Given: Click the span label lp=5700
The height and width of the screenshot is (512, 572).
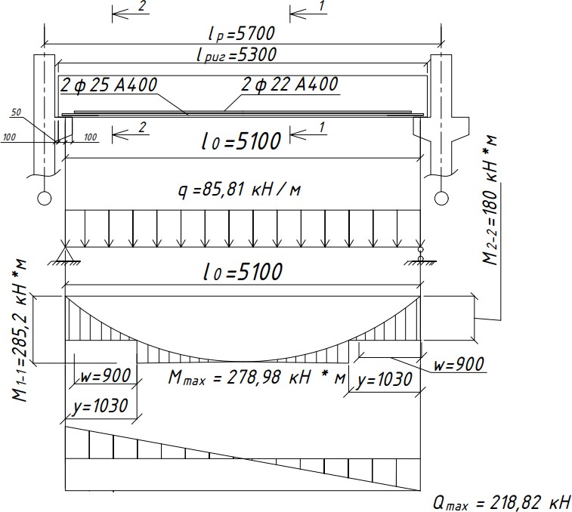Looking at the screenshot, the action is (242, 33).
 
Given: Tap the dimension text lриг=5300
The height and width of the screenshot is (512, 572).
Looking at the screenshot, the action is (237, 55).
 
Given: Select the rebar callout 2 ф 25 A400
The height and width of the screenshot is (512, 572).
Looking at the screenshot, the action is (109, 85).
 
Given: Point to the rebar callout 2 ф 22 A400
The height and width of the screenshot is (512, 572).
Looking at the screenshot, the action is (289, 85).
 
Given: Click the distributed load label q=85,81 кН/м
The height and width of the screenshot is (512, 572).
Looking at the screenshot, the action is (240, 190).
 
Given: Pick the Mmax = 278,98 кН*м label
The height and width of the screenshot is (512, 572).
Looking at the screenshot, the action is (256, 377).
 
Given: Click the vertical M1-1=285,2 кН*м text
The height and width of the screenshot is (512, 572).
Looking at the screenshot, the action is (20, 330).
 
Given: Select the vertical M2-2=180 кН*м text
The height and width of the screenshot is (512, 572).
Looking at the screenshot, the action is (490, 200).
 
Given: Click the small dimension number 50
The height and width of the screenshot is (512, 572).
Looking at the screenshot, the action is (17, 113).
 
